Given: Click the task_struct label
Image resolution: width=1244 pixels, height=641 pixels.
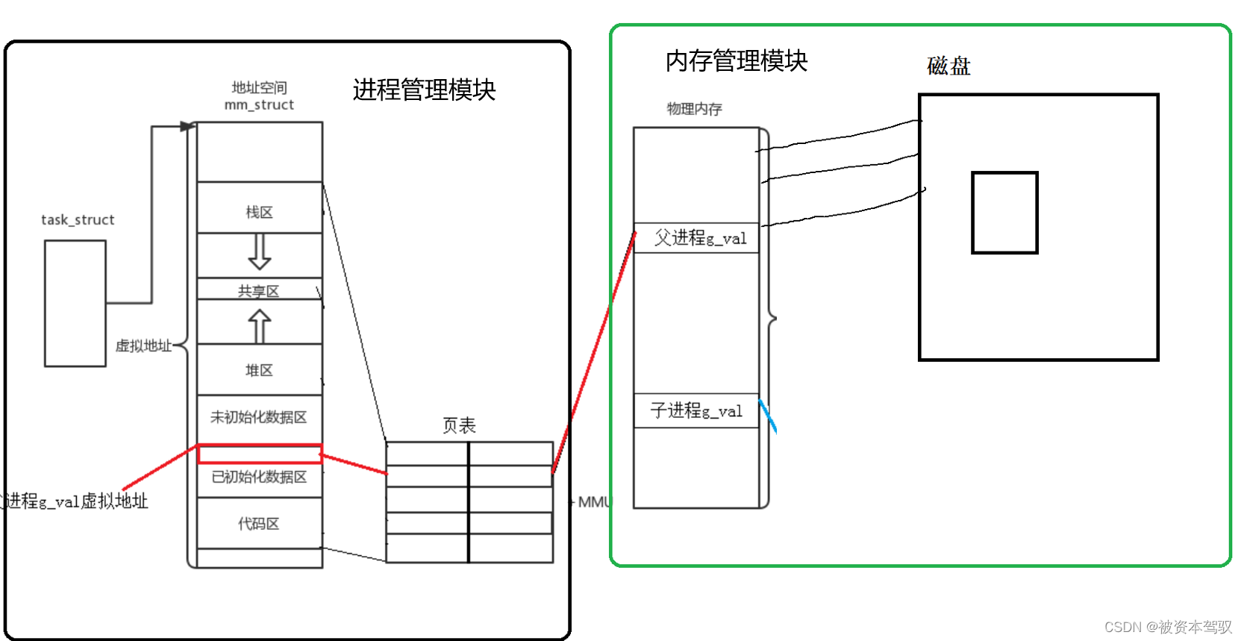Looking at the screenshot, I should tap(78, 219).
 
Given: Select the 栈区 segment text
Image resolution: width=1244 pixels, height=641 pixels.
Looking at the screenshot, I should tap(259, 213).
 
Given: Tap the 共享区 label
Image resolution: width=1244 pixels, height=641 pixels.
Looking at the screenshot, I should tap(258, 291).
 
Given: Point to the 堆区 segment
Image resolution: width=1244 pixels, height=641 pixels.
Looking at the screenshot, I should tap(259, 370).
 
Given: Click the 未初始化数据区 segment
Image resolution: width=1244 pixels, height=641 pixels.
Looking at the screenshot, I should tap(258, 417).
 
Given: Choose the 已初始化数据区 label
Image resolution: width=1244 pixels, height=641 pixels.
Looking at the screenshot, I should tap(259, 477).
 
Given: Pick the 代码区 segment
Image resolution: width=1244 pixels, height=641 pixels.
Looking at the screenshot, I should tap(258, 524).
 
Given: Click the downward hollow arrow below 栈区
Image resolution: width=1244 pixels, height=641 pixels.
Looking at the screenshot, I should tap(259, 251).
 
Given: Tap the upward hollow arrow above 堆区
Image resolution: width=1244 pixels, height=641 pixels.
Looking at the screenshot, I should tap(259, 327).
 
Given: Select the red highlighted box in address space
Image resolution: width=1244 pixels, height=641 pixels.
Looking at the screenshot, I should tap(259, 454).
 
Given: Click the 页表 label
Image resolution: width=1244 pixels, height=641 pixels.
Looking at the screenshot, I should tap(459, 425).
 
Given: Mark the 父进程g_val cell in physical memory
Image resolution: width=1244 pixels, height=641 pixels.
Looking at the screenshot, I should tap(699, 238).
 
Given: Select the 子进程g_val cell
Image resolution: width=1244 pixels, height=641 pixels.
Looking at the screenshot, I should tap(696, 410).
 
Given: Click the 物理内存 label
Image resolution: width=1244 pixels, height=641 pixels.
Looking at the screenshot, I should tap(694, 109).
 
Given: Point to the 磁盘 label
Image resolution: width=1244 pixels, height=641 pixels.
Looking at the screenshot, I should tap(948, 66).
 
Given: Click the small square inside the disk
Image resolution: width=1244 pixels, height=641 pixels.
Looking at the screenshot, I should tap(1004, 213).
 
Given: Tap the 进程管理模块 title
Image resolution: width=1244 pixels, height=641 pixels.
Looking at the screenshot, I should tap(424, 90).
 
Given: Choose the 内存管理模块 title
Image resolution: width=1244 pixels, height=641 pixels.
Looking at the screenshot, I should tap(736, 61).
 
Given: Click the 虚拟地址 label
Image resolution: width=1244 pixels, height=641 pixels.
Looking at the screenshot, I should tap(143, 346).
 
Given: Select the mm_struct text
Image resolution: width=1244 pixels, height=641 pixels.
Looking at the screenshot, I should tap(259, 105).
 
